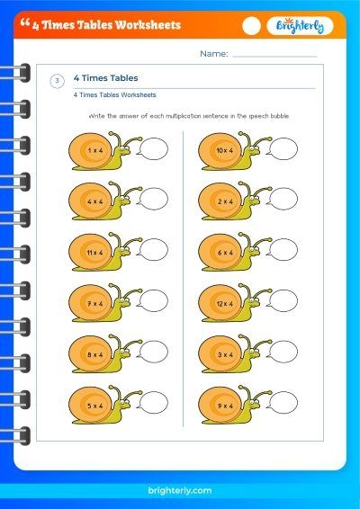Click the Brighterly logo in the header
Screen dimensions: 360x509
click(x=300, y=26)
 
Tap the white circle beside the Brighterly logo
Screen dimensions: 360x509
click(x=251, y=26)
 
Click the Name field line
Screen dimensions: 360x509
click(x=274, y=57)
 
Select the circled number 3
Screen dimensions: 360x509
click(x=58, y=81)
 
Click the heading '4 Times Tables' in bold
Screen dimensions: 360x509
click(x=105, y=78)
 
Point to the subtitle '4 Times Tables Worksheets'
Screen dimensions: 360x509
click(x=114, y=95)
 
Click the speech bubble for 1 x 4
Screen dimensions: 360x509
click(x=152, y=148)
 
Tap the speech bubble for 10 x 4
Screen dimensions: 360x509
click(x=282, y=148)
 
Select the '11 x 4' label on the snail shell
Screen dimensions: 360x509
click(x=94, y=253)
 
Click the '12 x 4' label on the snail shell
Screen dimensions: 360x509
click(x=225, y=304)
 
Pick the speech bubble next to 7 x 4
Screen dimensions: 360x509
click(x=152, y=301)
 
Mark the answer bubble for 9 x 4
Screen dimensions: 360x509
click(x=282, y=403)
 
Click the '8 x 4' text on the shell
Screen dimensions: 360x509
click(x=94, y=355)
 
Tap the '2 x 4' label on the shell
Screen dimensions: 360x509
click(x=225, y=201)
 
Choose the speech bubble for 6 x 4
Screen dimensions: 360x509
click(x=282, y=250)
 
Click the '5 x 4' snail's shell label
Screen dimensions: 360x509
click(x=94, y=406)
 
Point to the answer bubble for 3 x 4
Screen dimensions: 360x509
click(x=282, y=352)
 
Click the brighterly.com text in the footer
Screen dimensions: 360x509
click(x=180, y=490)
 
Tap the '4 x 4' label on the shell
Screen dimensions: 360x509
click(x=94, y=201)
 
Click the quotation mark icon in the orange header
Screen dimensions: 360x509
click(x=24, y=22)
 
